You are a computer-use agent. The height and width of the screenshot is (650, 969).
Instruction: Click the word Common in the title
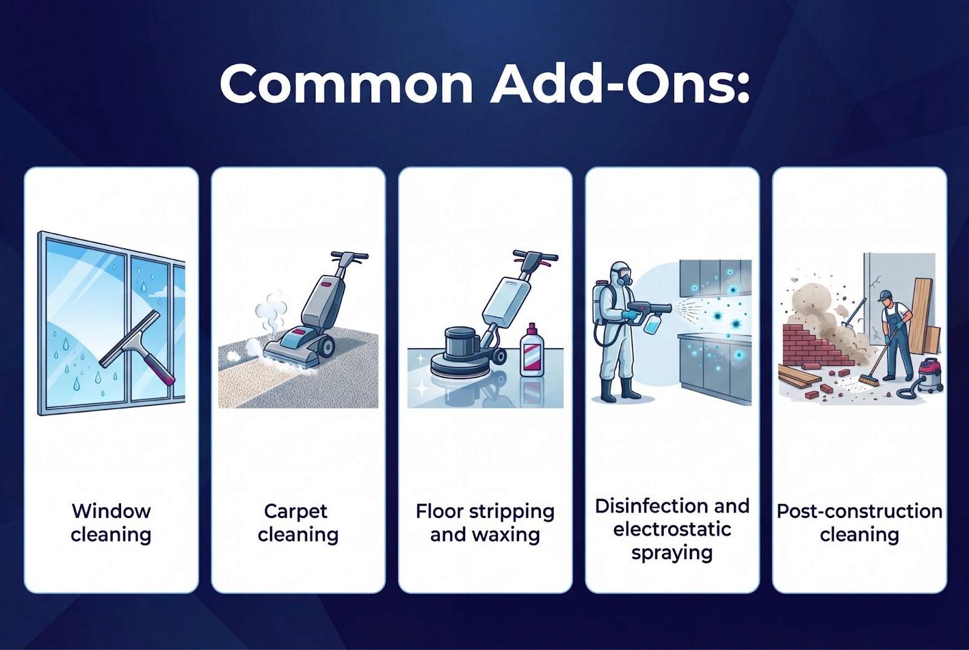point(346,85)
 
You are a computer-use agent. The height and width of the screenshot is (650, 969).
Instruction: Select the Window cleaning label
point(111,523)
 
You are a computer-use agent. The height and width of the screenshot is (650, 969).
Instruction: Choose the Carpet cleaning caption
point(298,523)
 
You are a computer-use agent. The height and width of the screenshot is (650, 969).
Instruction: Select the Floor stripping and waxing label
point(485,523)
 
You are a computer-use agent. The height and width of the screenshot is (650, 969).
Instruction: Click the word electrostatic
point(672,529)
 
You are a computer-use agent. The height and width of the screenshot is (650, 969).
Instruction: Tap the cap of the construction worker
point(885,296)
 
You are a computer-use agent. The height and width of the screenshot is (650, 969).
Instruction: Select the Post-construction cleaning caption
point(859,523)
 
